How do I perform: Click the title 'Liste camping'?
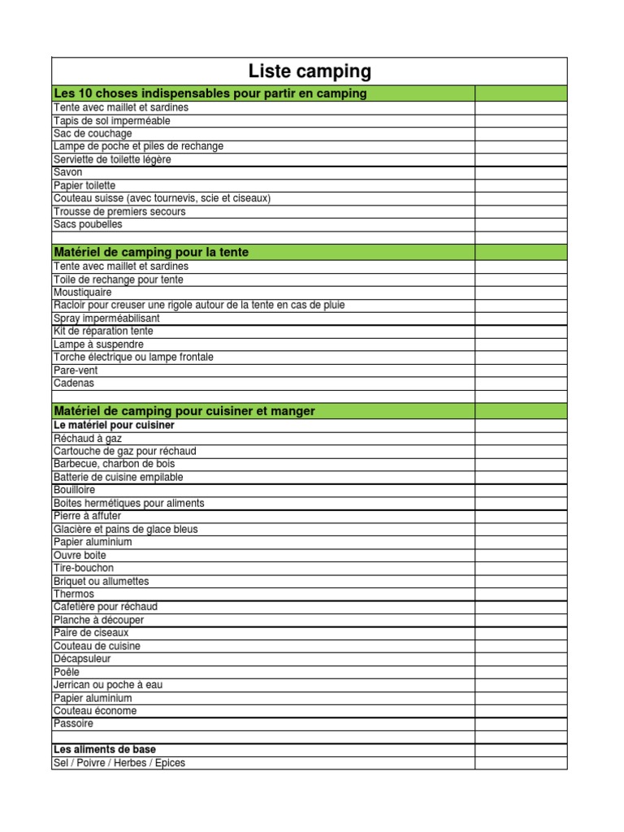click(x=310, y=71)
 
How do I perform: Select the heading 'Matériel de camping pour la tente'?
click(x=151, y=253)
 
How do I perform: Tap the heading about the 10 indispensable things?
click(x=210, y=93)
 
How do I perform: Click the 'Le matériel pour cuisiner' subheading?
click(x=114, y=425)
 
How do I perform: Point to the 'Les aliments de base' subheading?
click(x=105, y=749)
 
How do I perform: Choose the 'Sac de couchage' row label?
click(x=93, y=133)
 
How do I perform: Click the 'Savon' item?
click(x=68, y=172)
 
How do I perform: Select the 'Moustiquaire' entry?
click(x=83, y=292)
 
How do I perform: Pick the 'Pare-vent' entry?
click(x=75, y=370)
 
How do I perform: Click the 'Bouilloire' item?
click(x=74, y=490)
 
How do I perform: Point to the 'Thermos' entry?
click(x=74, y=594)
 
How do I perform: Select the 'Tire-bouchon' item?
click(x=84, y=568)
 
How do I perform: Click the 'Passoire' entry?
click(x=73, y=723)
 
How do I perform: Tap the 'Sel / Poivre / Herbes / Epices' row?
click(x=119, y=763)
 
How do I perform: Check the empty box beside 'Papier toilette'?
click(x=521, y=185)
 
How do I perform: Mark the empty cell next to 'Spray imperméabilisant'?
click(x=521, y=318)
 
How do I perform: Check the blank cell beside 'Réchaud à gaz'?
click(x=521, y=438)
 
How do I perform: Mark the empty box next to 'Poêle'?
click(x=521, y=672)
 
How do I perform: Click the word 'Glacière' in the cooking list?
click(x=72, y=529)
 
